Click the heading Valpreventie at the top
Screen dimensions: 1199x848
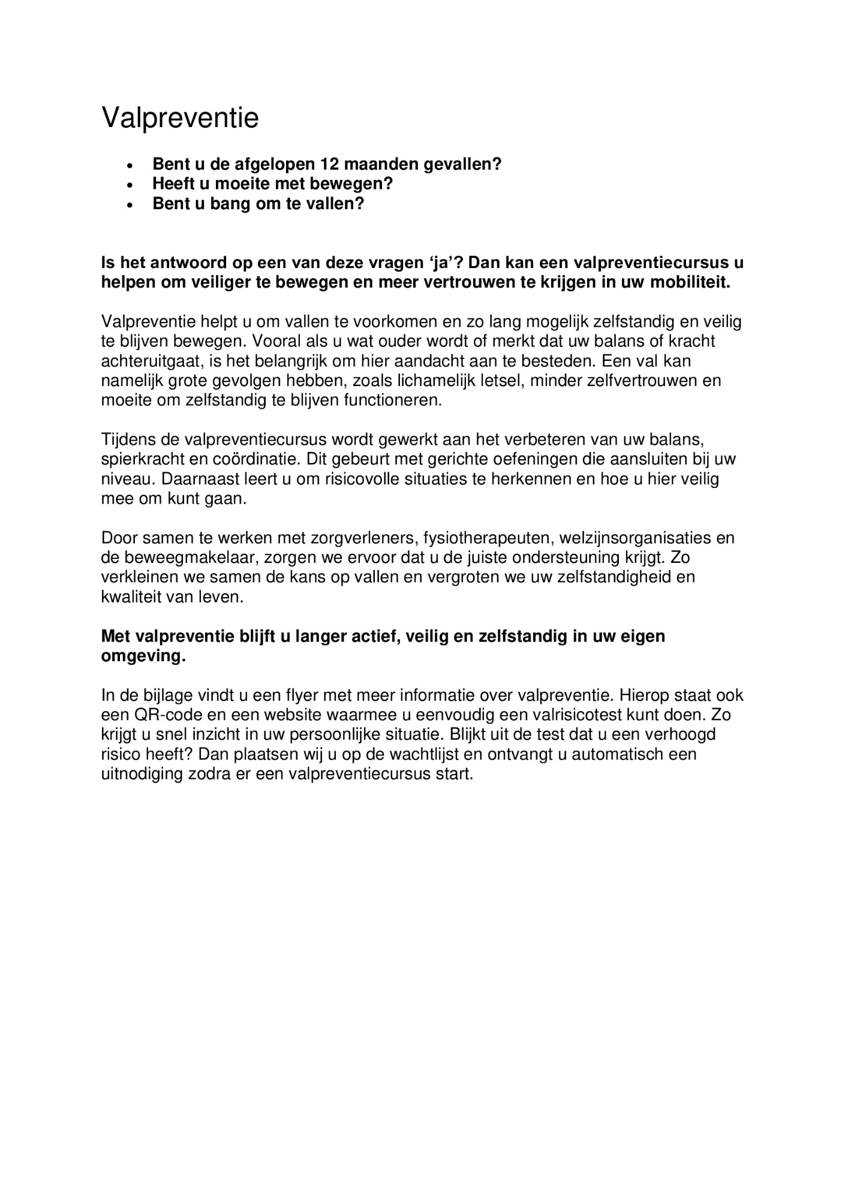180,118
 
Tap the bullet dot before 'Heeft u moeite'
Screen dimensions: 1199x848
130,184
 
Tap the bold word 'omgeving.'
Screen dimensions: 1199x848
143,656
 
